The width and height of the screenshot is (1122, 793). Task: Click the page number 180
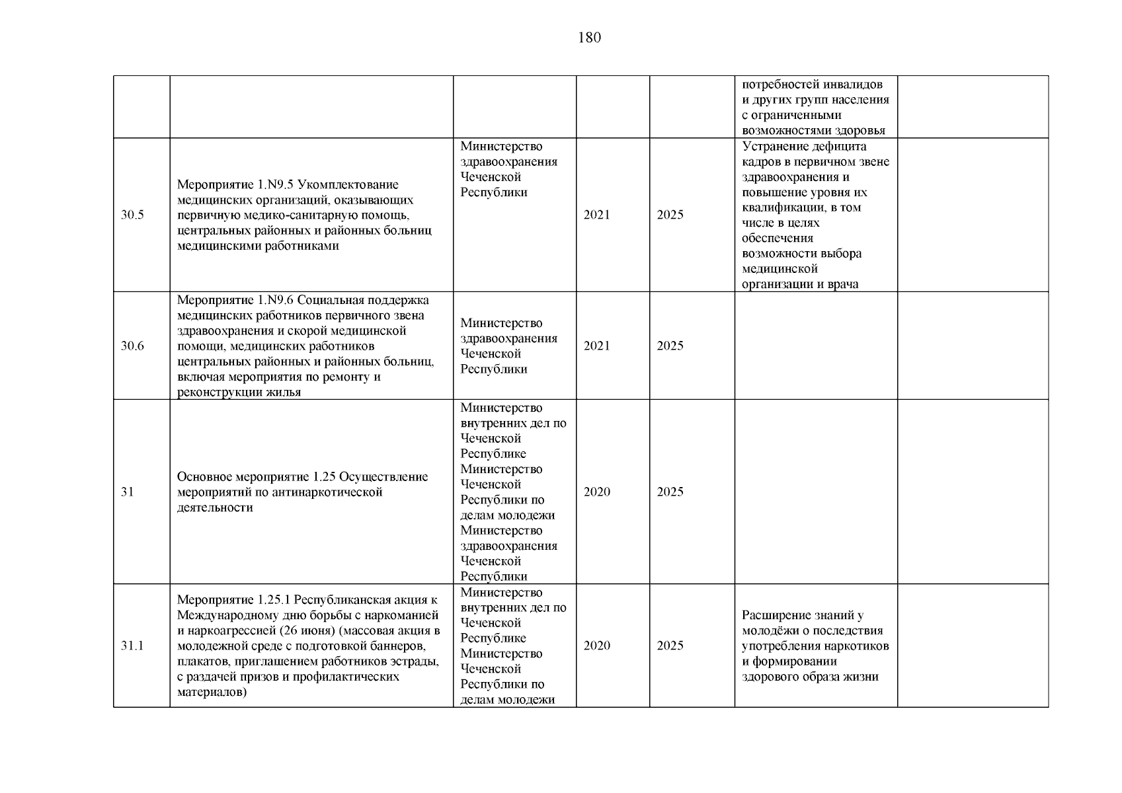pyautogui.click(x=589, y=38)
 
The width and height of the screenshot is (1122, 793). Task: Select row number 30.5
pyautogui.click(x=132, y=215)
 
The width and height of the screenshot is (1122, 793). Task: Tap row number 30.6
pyautogui.click(x=132, y=346)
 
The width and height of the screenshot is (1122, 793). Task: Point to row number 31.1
pyautogui.click(x=132, y=646)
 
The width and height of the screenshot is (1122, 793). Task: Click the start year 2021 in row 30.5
pyautogui.click(x=596, y=215)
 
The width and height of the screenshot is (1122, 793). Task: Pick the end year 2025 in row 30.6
pyautogui.click(x=670, y=346)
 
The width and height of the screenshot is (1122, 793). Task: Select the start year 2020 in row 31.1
pyautogui.click(x=596, y=646)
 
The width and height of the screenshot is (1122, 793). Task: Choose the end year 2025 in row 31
pyautogui.click(x=670, y=492)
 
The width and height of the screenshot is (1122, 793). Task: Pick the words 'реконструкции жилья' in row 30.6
pyautogui.click(x=239, y=393)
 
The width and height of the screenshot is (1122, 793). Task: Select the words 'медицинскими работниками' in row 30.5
pyautogui.click(x=258, y=246)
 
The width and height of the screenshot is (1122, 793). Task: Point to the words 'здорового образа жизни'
pyautogui.click(x=810, y=677)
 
